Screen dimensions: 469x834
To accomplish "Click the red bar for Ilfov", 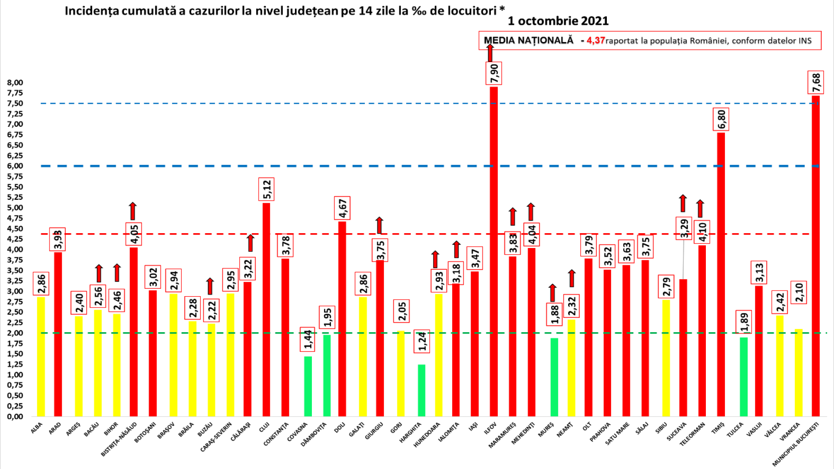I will click(x=493, y=252).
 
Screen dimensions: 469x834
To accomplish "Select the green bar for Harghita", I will click(x=421, y=390).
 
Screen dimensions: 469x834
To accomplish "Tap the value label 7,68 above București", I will click(x=816, y=83).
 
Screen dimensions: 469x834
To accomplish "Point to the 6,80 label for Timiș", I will click(x=721, y=119).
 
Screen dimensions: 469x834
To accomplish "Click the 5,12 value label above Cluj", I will click(x=266, y=189).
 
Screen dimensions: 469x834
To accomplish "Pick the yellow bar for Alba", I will click(x=41, y=356).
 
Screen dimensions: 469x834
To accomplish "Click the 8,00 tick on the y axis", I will click(x=15, y=83).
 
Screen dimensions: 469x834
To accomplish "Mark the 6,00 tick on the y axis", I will click(x=15, y=166).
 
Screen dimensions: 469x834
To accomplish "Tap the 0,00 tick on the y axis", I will click(x=15, y=416).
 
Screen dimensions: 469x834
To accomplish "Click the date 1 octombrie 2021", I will click(x=558, y=21).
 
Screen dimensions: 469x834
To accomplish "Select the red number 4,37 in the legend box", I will click(x=596, y=40).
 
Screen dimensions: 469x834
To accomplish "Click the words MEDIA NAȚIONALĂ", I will click(x=529, y=40).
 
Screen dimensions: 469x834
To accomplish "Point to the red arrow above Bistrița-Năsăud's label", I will click(x=133, y=211).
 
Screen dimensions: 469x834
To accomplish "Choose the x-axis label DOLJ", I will click(x=340, y=428).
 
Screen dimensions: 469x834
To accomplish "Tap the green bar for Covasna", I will click(x=308, y=386).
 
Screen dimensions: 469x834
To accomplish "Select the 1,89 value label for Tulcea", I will click(x=744, y=322).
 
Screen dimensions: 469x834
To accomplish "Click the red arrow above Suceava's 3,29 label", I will click(x=683, y=203).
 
